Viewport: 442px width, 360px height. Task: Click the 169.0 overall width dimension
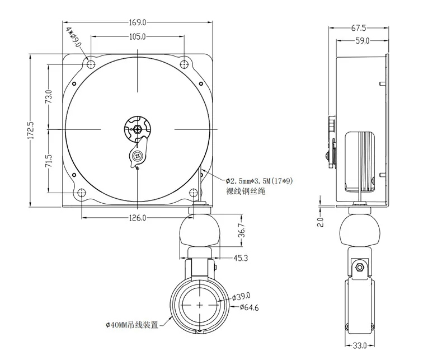pyautogui.click(x=138, y=23)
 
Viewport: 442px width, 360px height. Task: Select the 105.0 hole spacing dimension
pyautogui.click(x=138, y=37)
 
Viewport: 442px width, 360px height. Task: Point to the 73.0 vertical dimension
pyautogui.click(x=49, y=97)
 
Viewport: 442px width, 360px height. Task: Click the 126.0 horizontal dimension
pyautogui.click(x=138, y=217)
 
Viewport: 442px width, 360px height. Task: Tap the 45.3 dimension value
pyautogui.click(x=242, y=258)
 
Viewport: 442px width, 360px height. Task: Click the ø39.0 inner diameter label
pyautogui.click(x=241, y=297)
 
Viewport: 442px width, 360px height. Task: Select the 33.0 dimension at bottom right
pyautogui.click(x=359, y=345)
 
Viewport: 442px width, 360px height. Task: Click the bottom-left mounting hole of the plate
pyautogui.click(x=82, y=193)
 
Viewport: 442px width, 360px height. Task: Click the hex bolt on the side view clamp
pyautogui.click(x=359, y=268)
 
